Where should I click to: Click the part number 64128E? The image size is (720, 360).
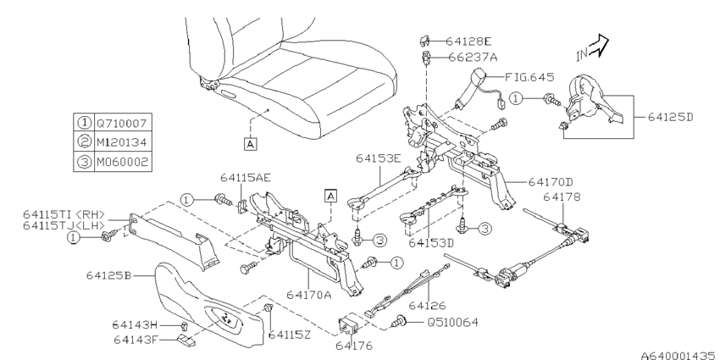pos(468,42)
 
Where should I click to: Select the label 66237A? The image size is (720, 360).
pos(473,58)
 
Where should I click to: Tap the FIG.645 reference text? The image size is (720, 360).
pos(529,77)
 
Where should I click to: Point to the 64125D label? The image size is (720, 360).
pos(670,117)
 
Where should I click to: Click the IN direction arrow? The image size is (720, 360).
pos(598,47)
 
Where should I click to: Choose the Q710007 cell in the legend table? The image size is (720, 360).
pos(122,123)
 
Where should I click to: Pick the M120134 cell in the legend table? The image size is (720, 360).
pos(122,142)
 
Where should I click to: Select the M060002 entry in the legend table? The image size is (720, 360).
pos(122,162)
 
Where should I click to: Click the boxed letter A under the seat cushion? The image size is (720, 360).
pos(250,144)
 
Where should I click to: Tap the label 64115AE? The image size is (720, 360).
pos(245,178)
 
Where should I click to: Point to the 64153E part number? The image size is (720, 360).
pos(379,158)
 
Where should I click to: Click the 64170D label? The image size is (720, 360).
pos(551,182)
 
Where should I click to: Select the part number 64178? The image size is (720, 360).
pos(562,197)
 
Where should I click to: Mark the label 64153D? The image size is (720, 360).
pos(430,243)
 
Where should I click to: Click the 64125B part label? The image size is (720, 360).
pos(108,275)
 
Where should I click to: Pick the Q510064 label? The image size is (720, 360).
pos(453,323)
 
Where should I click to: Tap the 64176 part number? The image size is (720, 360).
pos(353,346)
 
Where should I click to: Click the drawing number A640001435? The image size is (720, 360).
pos(680,355)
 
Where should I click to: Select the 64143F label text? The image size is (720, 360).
pos(136,341)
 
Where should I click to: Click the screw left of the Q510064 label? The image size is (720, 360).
pos(400,322)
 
